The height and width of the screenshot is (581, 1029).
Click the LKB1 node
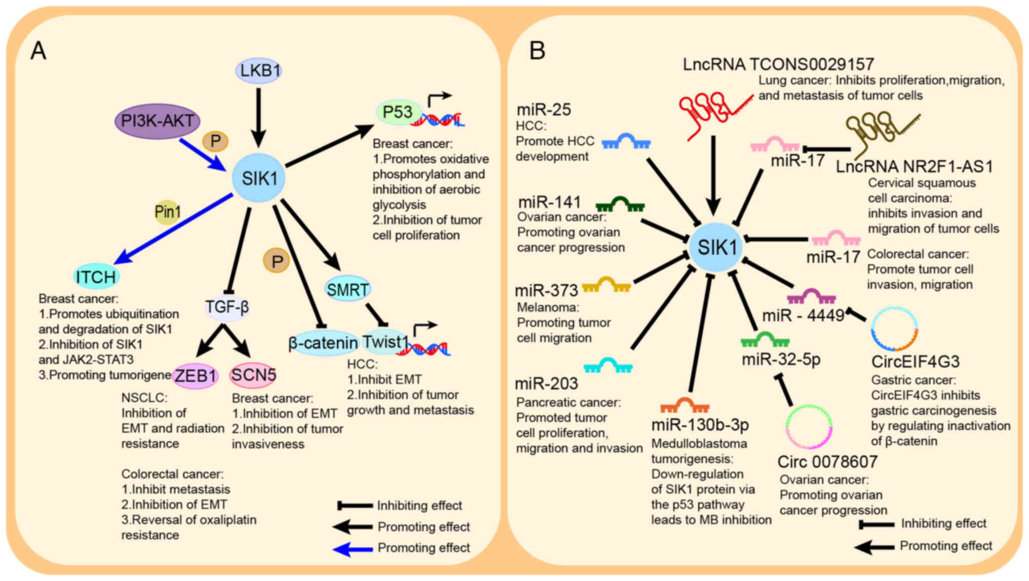pyautogui.click(x=259, y=70)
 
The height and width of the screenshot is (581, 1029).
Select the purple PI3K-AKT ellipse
pyautogui.click(x=157, y=121)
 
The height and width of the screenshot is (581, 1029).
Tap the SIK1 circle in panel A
pyautogui.click(x=259, y=178)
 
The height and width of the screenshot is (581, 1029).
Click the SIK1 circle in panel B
pyautogui.click(x=716, y=248)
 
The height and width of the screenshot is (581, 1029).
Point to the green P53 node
pyautogui.click(x=398, y=112)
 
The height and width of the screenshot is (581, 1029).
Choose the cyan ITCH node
pyautogui.click(x=96, y=277)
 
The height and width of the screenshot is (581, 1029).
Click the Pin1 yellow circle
pyautogui.click(x=167, y=212)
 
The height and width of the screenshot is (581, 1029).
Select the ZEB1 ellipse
pyautogui.click(x=196, y=376)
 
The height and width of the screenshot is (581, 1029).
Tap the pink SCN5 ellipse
pyautogui.click(x=253, y=375)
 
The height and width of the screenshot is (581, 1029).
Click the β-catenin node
pyautogui.click(x=323, y=343)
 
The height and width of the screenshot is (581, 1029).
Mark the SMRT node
pyautogui.click(x=348, y=289)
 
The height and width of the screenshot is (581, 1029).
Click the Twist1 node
pyautogui.click(x=386, y=342)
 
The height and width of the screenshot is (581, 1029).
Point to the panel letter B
pyautogui.click(x=537, y=51)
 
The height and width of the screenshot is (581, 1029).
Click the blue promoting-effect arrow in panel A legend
pyautogui.click(x=353, y=548)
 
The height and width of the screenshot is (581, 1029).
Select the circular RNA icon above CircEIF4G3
pyautogui.click(x=894, y=329)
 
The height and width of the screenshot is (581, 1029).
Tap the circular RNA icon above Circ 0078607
pyautogui.click(x=809, y=427)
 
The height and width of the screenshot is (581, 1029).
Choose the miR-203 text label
pyautogui.click(x=546, y=383)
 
